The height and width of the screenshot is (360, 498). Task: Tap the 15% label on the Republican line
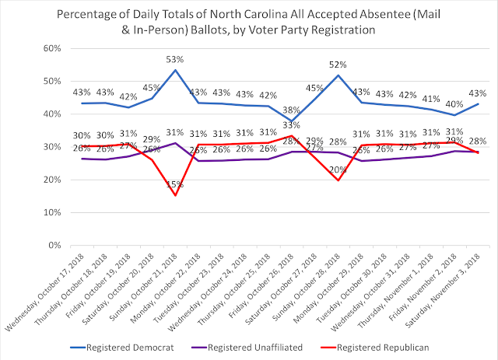pyautogui.click(x=178, y=207)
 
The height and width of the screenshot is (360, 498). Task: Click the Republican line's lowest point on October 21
pyautogui.click(x=177, y=195)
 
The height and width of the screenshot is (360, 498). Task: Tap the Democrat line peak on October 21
pyautogui.click(x=177, y=71)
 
